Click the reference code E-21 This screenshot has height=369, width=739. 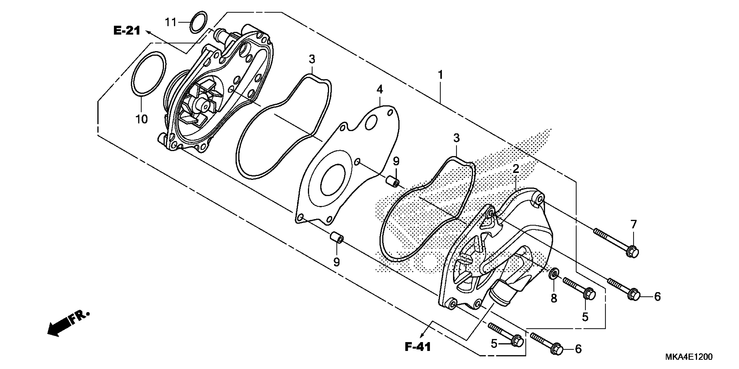127,31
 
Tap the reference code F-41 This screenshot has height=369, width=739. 418,347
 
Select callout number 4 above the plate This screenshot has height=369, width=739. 379,90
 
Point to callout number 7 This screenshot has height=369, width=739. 633,224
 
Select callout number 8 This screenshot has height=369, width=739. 554,298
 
